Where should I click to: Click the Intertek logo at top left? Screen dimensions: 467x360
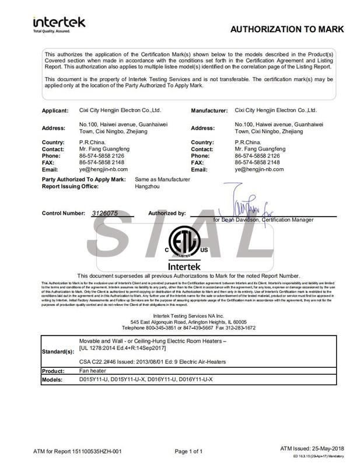click(60, 23)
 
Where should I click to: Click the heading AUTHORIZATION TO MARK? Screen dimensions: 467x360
click(287, 29)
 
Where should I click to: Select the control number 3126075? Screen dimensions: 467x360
click(104, 214)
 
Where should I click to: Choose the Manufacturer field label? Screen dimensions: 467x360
click(209, 110)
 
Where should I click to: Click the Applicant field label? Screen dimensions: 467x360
click(56, 110)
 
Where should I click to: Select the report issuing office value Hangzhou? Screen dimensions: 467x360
click(146, 186)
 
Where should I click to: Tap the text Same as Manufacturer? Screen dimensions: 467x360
click(162, 179)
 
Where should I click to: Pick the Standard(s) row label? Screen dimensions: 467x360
click(58, 351)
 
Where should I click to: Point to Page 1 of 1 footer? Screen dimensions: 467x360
click(188, 451)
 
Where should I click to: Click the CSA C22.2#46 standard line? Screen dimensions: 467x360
click(152, 362)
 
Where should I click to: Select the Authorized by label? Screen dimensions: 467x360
click(167, 214)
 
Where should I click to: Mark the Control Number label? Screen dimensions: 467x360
click(64, 214)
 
